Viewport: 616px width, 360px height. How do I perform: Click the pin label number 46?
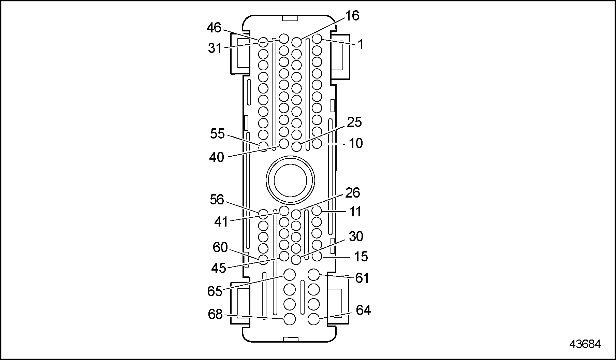pyautogui.click(x=214, y=28)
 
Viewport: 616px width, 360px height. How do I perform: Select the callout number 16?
pyautogui.click(x=352, y=16)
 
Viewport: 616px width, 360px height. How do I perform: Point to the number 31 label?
pyautogui.click(x=215, y=48)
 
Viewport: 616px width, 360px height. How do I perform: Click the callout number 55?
pyautogui.click(x=217, y=134)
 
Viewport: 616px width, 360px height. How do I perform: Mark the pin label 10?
pyautogui.click(x=355, y=144)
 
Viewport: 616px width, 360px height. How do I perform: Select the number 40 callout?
pyautogui.click(x=217, y=158)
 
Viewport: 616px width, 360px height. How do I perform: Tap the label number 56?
pyautogui.click(x=217, y=200)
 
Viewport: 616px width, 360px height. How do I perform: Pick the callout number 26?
pyautogui.click(x=353, y=193)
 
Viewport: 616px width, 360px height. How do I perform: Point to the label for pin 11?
pyautogui.click(x=355, y=212)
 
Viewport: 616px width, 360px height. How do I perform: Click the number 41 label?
pyautogui.click(x=221, y=222)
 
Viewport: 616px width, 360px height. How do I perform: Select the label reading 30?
pyautogui.click(x=356, y=236)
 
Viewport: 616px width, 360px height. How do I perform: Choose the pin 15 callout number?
pyautogui.click(x=361, y=257)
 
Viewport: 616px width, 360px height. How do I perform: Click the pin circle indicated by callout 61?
pyautogui.click(x=313, y=274)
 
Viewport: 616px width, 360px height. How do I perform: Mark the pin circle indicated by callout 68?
pyautogui.click(x=290, y=319)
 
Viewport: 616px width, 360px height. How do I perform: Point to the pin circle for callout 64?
pyautogui.click(x=313, y=319)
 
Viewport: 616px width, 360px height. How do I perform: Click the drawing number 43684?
pyautogui.click(x=585, y=344)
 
